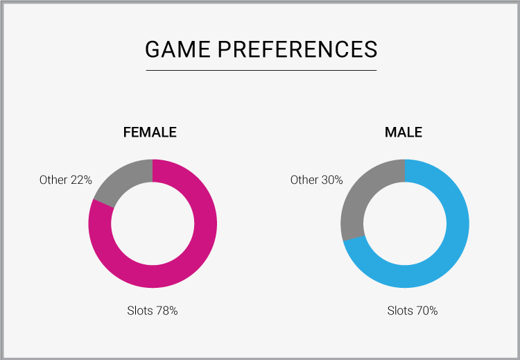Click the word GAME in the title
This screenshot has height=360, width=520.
(177, 49)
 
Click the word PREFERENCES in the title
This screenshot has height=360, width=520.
(297, 49)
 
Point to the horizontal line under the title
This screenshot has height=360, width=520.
(261, 70)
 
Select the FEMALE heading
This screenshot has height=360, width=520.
(150, 132)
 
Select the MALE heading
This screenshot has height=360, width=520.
(404, 132)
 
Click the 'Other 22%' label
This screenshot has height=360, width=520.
(66, 180)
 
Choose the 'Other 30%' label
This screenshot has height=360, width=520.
(316, 180)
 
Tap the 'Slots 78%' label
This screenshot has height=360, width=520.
(153, 311)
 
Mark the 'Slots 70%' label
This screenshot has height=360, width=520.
(413, 311)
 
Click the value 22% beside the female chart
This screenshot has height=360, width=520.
(81, 180)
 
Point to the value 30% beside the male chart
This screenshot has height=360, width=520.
(332, 180)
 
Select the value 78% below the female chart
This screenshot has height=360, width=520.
(167, 311)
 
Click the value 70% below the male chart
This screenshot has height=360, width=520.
(427, 311)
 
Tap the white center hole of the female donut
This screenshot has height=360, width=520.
(153, 223)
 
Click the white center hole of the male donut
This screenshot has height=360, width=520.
(405, 223)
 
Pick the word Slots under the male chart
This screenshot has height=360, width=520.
(400, 311)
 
